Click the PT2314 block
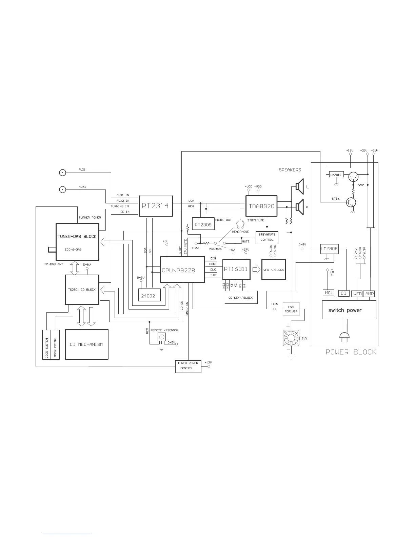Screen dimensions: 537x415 click(156, 206)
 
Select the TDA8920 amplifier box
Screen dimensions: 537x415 click(261, 206)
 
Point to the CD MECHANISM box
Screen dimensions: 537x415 click(86, 344)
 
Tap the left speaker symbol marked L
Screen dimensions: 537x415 click(298, 186)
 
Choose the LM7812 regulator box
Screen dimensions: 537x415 click(336, 175)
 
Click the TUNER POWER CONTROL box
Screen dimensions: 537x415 click(188, 366)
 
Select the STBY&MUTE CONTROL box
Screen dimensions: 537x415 click(267, 237)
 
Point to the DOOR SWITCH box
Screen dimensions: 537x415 click(46, 344)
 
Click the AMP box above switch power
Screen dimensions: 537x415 click(369, 294)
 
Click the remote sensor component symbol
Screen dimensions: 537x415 click(162, 337)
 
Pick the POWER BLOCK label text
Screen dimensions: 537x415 click(351, 352)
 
